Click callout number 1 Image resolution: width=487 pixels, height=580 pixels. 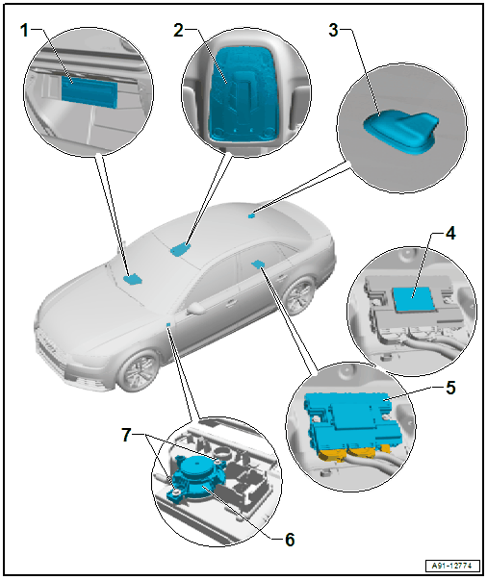coord(24,31)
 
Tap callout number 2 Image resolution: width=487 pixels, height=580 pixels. coord(179,31)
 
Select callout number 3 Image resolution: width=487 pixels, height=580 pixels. coord(333,31)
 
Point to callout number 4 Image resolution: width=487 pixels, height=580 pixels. coord(450,234)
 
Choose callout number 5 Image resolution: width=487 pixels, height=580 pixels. coord(450,388)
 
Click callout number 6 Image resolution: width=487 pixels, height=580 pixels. coord(290,540)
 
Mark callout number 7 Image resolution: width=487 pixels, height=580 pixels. coord(126,435)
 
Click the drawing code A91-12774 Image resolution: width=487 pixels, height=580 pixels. coord(451,566)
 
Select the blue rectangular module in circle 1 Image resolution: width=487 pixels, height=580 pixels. coord(90,91)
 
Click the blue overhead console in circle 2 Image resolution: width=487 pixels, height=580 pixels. coord(243,94)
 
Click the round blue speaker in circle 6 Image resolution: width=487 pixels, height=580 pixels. coord(197,477)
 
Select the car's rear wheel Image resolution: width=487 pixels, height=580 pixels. coord(299,296)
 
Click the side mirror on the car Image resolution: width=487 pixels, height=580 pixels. coord(197,309)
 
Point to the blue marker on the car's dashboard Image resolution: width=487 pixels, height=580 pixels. coord(132,279)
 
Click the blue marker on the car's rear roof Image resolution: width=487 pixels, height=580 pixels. coord(252,214)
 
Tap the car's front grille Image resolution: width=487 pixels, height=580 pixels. coord(51,347)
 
